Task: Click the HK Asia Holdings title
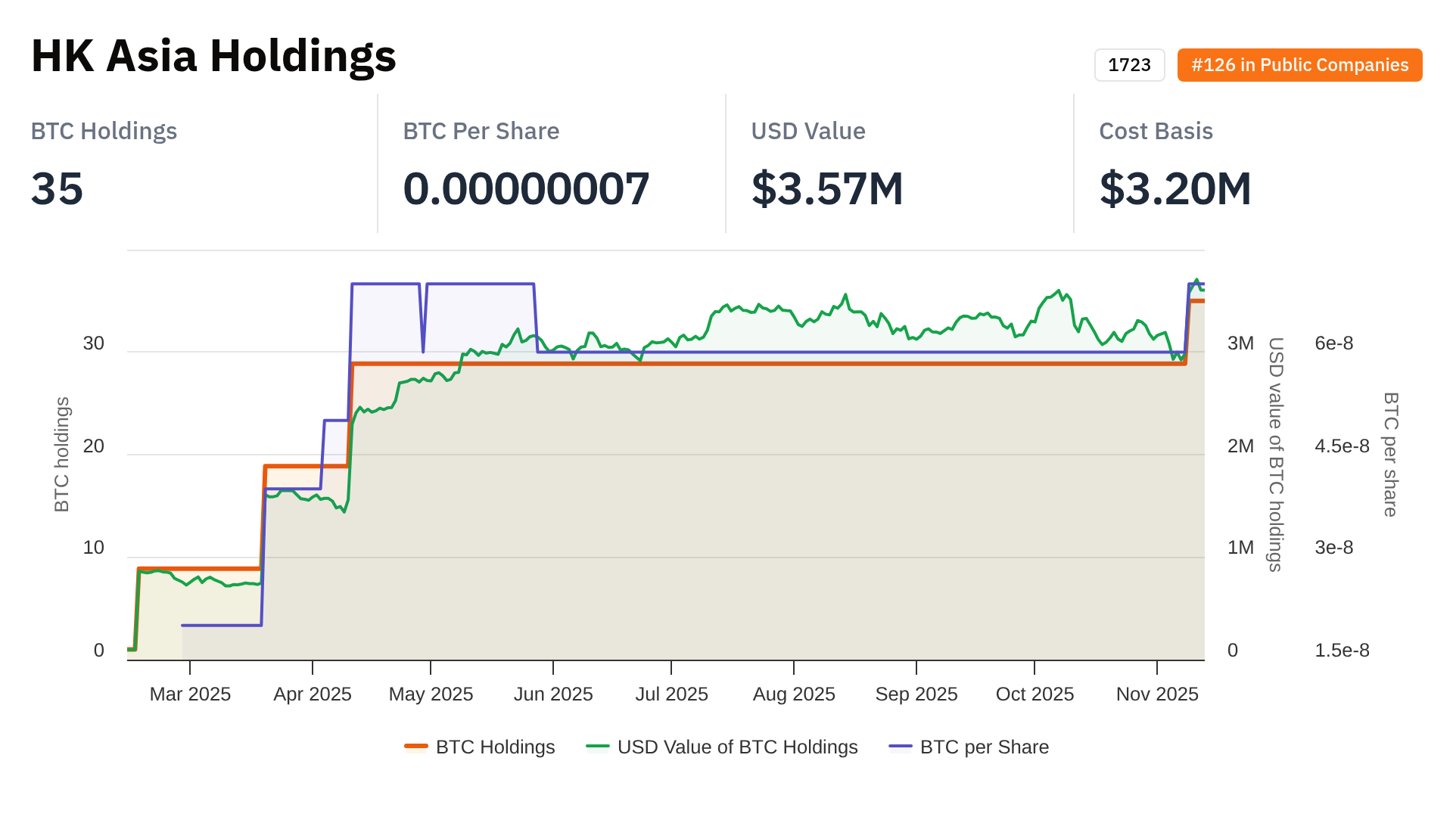213,56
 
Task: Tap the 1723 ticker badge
1129,65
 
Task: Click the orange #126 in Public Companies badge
1299,65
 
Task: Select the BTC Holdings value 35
57,188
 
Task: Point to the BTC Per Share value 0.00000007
526,188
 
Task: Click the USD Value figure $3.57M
827,188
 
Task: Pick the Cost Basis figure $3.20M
1175,188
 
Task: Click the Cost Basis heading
1156,131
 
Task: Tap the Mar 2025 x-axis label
190,694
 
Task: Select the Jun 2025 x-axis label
553,694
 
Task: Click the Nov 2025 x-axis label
1157,694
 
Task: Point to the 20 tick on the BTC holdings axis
94,446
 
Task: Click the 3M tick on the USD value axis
1240,343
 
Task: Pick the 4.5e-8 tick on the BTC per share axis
1342,446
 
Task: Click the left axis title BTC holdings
62,454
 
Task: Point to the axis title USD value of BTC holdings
1276,454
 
